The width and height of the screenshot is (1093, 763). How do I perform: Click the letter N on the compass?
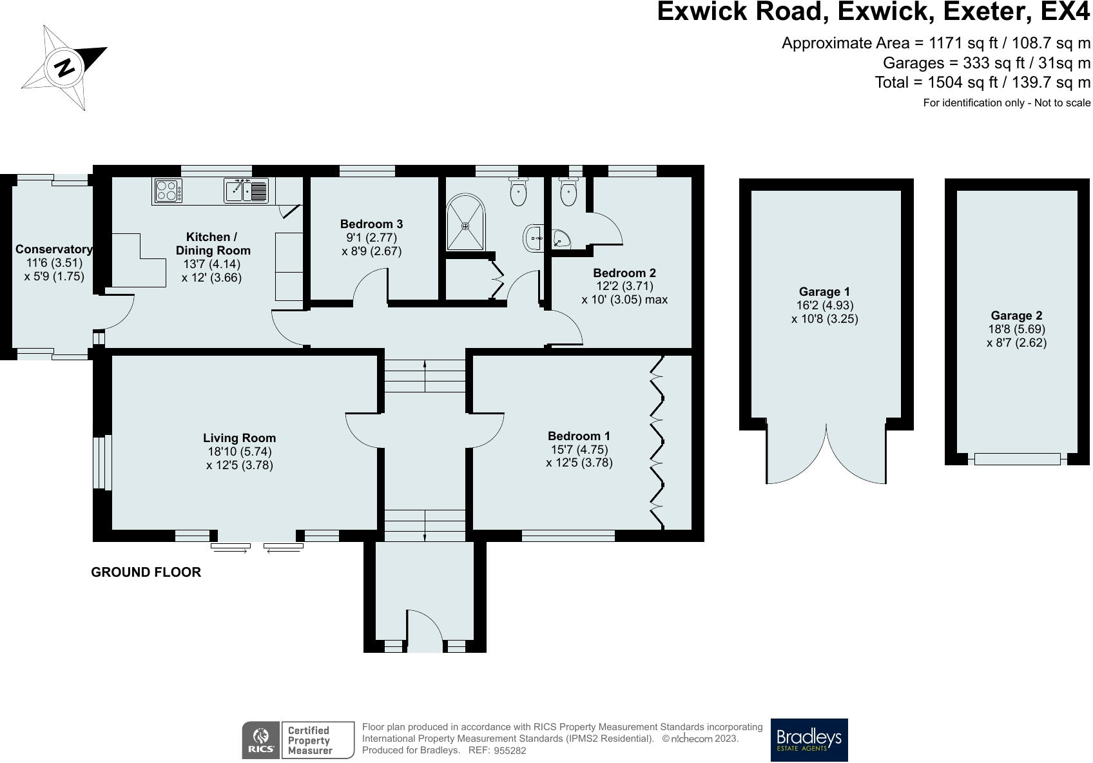pos(64,68)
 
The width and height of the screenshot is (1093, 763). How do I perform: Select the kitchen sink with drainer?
pos(246,190)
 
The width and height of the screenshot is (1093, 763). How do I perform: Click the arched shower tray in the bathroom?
pos(465,222)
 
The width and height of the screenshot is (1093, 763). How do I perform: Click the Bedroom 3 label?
pos(371,224)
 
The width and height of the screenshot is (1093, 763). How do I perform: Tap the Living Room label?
pos(239,438)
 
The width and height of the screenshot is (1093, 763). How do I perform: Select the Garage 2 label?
pos(1016,316)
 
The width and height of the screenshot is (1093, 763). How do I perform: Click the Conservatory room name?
pos(53,249)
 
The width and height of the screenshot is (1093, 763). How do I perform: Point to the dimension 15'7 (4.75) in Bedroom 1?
pos(579,449)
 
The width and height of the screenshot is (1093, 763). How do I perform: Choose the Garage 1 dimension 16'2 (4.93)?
pos(825,305)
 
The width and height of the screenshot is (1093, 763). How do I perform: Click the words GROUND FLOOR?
pos(146,572)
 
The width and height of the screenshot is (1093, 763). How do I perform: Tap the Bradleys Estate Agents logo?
pos(809,740)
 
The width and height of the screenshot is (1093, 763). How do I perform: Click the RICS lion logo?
pos(261,740)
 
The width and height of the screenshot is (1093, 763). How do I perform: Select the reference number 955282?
pos(510,751)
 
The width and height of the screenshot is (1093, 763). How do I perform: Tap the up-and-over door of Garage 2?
pos(1018,459)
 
